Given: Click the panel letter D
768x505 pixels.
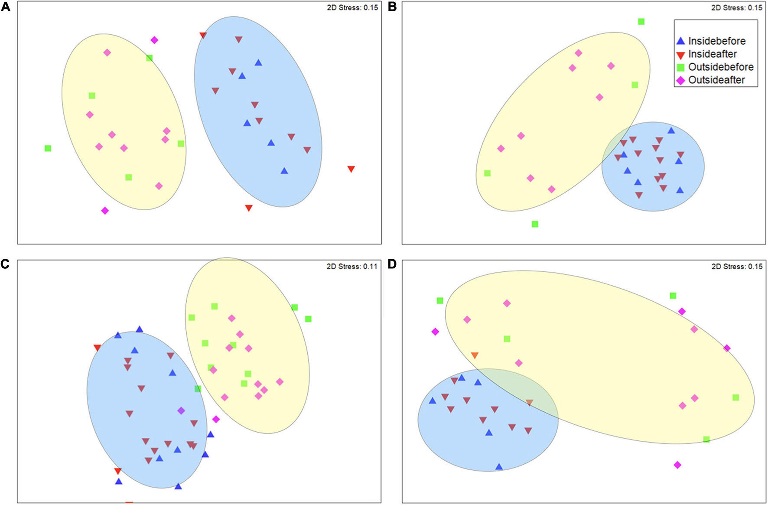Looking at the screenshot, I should point(392,264).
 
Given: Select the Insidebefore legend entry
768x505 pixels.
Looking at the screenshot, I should point(716,41).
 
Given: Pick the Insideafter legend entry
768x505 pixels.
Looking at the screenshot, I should point(712,54).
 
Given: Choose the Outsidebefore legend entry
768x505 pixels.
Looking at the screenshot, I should point(720,67).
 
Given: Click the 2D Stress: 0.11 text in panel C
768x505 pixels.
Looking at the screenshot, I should point(351,267).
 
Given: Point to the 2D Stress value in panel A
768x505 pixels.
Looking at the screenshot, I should point(352,8).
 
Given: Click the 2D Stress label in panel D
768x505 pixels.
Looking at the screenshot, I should point(737,267).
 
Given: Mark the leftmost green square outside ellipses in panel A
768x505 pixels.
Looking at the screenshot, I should point(48,148).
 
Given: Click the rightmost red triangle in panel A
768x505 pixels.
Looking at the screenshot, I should point(351,169).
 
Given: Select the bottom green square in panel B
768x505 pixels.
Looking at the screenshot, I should point(535,224).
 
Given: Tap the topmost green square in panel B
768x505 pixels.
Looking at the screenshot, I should point(641,22).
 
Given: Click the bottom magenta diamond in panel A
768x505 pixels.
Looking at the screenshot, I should point(105,211).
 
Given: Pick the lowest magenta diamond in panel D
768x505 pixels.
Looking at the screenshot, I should point(677,465).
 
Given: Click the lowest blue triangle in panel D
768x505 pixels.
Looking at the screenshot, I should point(499,467).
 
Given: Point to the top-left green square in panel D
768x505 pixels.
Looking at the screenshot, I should point(440,300).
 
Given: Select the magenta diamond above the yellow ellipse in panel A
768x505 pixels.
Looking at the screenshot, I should point(154,40).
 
